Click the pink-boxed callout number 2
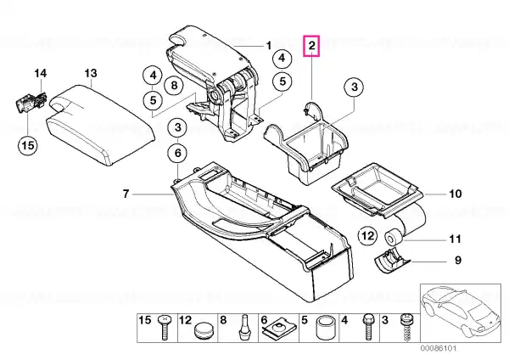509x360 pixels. click(x=311, y=46)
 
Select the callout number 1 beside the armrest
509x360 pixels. click(x=269, y=46)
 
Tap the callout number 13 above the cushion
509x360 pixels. click(x=91, y=73)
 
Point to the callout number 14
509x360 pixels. click(x=41, y=73)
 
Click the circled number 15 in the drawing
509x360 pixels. click(x=28, y=145)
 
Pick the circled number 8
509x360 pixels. click(x=174, y=86)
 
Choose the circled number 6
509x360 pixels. click(x=178, y=153)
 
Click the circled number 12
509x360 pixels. click(x=368, y=236)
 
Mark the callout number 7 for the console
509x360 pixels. click(x=126, y=194)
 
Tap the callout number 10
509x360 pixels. click(x=455, y=194)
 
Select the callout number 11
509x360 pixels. click(x=455, y=239)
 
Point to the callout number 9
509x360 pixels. click(x=458, y=261)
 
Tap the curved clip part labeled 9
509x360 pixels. click(x=392, y=261)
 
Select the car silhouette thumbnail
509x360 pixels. click(x=461, y=313)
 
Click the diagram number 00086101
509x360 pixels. click(x=439, y=348)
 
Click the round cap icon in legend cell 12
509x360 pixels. click(x=204, y=331)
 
